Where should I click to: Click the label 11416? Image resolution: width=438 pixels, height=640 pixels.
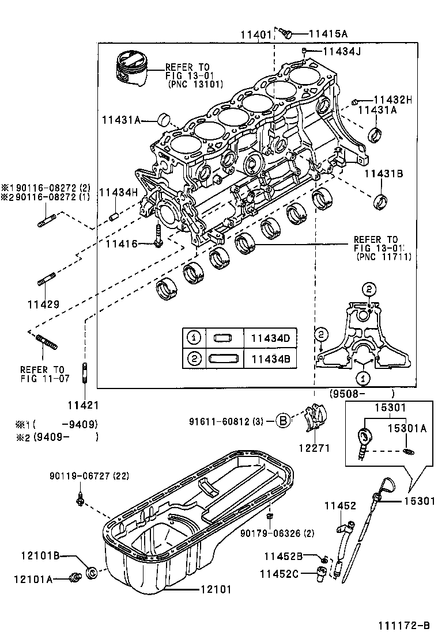[x=122, y=244]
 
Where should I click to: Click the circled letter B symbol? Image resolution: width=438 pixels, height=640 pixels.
[x=282, y=421]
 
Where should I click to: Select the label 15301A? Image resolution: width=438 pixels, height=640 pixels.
[x=407, y=428]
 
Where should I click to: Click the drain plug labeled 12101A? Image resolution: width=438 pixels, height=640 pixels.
[x=74, y=577]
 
